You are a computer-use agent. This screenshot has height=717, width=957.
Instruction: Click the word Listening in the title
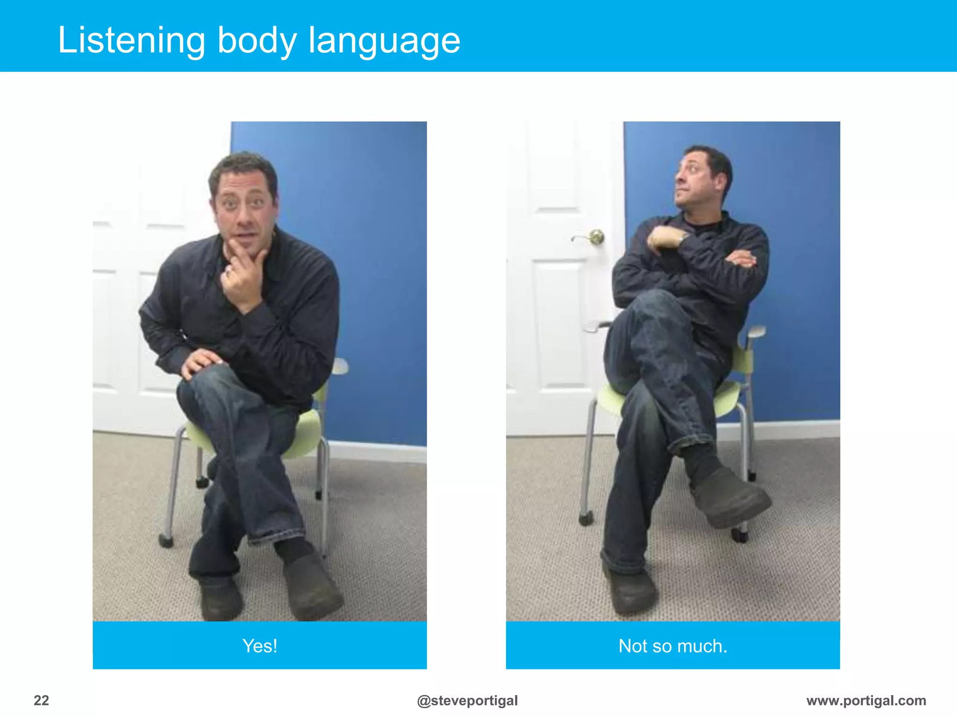(131, 41)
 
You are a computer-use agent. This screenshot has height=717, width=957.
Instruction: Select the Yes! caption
(260, 646)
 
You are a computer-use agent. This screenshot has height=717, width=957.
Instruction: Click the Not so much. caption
(673, 646)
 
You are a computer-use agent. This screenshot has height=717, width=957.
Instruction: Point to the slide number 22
(41, 700)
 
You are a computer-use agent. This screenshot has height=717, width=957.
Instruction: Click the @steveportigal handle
(467, 700)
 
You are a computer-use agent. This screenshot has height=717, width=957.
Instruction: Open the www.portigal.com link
(866, 700)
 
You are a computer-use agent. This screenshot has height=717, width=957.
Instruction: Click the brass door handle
(595, 237)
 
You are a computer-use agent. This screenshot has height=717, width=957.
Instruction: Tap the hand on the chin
(243, 275)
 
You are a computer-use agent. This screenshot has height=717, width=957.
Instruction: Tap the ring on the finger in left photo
(229, 270)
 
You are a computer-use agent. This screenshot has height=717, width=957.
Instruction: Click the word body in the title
(257, 41)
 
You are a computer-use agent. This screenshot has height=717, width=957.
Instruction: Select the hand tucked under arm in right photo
(743, 258)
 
